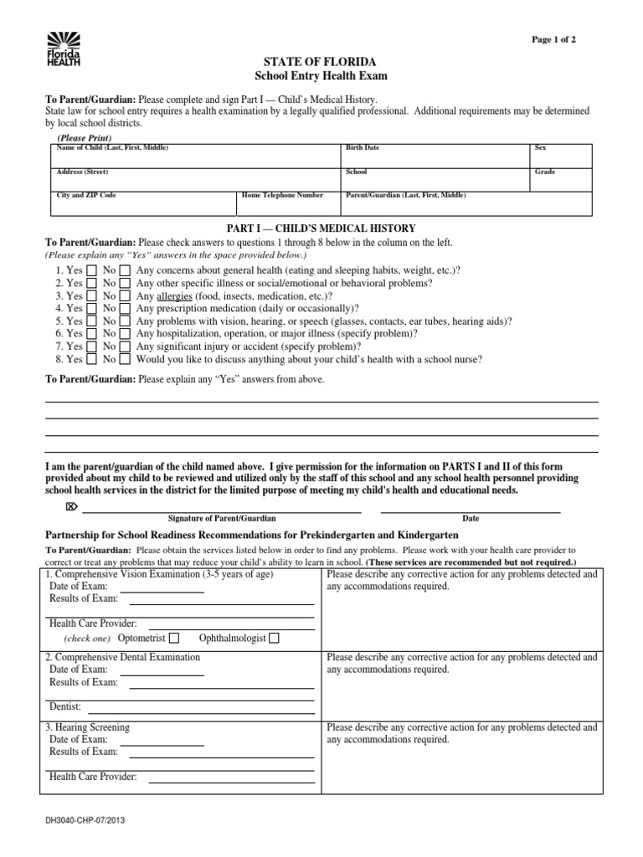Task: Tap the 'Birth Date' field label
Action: [x=363, y=147]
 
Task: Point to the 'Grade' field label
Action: [x=545, y=172]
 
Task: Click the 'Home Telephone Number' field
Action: [x=282, y=195]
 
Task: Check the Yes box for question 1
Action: [x=91, y=271]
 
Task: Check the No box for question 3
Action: [x=125, y=296]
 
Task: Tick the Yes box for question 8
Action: [x=91, y=359]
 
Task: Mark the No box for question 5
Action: [x=125, y=321]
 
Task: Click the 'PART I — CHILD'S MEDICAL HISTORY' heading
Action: [x=321, y=228]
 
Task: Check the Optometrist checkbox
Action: [x=174, y=639]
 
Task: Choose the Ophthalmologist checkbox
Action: [x=275, y=639]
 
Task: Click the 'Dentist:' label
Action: [x=65, y=706]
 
